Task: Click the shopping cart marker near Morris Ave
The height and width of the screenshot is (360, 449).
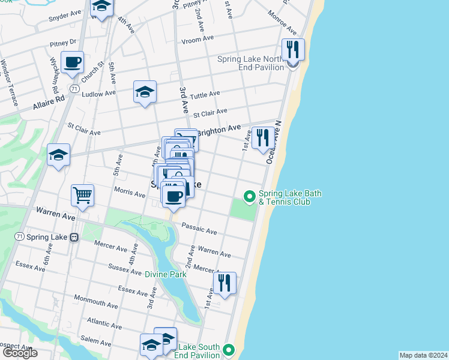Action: (82, 194)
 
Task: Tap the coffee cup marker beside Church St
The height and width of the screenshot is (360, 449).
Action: (72, 62)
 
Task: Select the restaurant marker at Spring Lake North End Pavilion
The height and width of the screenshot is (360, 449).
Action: (293, 50)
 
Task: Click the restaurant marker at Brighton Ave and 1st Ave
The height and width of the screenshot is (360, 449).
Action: (262, 138)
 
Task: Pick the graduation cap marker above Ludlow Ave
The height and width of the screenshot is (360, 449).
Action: (145, 92)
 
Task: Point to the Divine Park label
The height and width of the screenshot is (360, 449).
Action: (166, 274)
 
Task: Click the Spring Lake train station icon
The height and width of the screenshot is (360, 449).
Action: (74, 237)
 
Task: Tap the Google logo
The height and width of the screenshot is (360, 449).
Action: (20, 353)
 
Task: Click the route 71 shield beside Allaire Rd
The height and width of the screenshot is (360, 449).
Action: (74, 88)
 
